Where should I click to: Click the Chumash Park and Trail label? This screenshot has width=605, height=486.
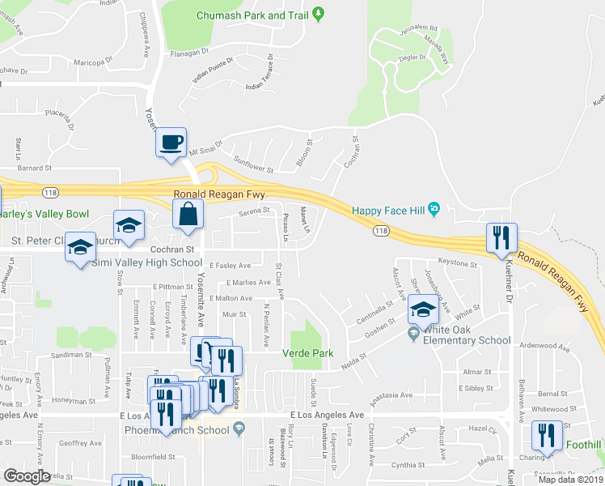[253, 15]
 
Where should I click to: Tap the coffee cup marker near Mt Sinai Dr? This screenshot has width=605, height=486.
[171, 143]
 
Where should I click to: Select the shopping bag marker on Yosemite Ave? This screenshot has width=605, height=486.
[188, 215]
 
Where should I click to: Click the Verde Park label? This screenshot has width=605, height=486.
[307, 353]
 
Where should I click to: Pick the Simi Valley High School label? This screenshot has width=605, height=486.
[146, 262]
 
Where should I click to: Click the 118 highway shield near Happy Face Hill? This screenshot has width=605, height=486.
[379, 232]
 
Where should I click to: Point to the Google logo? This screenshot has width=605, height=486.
[27, 476]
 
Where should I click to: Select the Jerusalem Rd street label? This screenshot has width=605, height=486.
[417, 28]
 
